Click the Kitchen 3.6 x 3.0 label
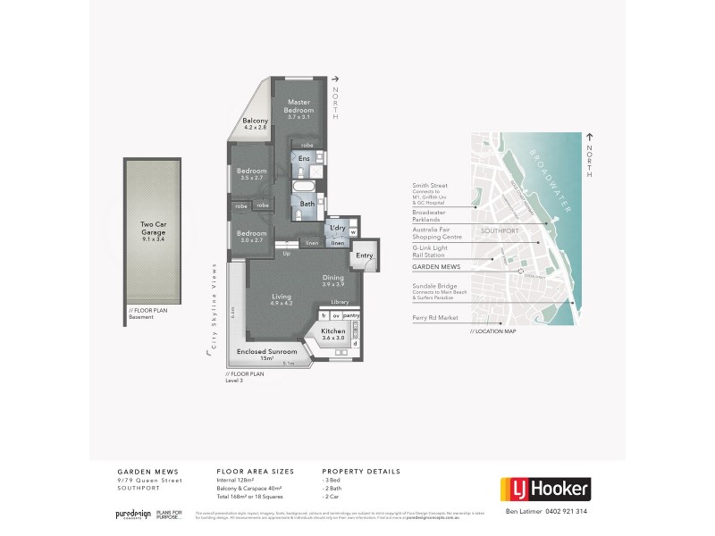(332, 334)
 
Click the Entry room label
(364, 256)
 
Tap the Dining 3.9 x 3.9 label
(332, 280)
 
